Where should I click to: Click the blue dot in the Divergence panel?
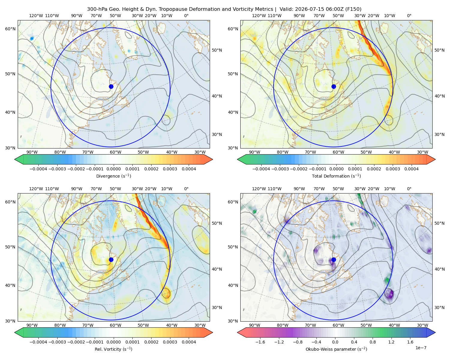click(x=111, y=86)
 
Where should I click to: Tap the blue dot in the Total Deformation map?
click(x=334, y=86)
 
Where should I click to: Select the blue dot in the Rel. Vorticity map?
click(x=111, y=259)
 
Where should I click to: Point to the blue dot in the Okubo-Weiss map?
click(x=334, y=259)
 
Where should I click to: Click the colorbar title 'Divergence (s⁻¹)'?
click(x=113, y=176)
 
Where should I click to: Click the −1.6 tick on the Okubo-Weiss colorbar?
click(x=260, y=342)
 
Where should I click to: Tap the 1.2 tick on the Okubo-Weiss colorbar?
click(x=391, y=342)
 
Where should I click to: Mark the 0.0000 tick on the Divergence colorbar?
click(x=113, y=169)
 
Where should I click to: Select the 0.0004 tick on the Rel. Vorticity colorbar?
click(x=189, y=342)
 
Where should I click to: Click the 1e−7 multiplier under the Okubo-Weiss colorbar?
click(x=421, y=348)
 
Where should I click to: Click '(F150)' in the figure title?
click(x=354, y=9)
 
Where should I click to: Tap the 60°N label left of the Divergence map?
click(x=10, y=29)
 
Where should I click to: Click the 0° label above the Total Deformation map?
click(x=409, y=16)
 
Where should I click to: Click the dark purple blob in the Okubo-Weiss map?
click(x=389, y=293)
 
